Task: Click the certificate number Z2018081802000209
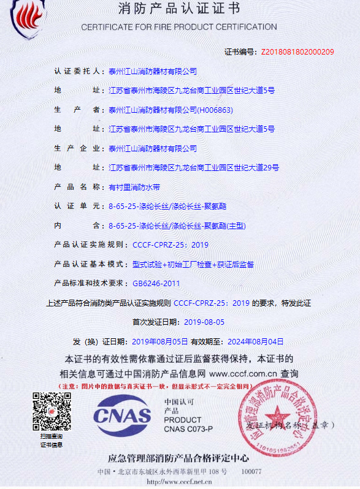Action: click(x=297, y=52)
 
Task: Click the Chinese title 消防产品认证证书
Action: click(x=179, y=9)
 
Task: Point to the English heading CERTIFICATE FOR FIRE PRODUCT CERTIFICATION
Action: click(x=179, y=27)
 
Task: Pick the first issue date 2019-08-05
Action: click(x=204, y=322)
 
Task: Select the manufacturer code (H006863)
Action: click(x=214, y=110)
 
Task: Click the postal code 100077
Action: click(x=251, y=472)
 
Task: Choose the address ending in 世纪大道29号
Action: click(x=194, y=167)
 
